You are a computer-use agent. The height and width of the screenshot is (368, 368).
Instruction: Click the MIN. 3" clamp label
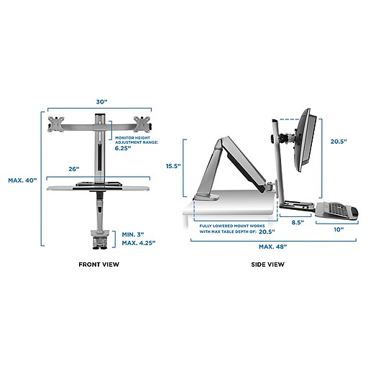click(x=133, y=234)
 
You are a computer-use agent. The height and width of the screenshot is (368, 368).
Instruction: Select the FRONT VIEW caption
click(x=98, y=264)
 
